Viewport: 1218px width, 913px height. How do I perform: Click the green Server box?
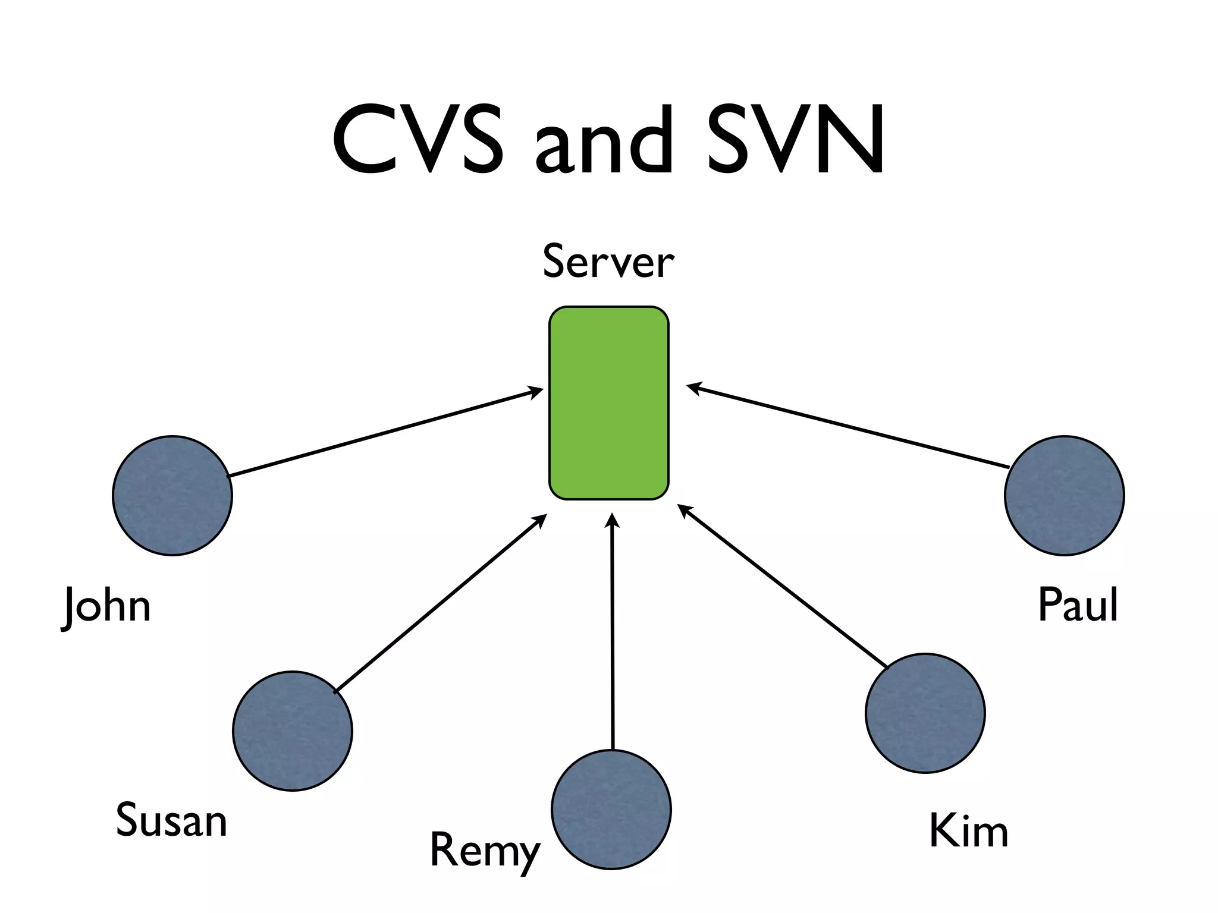608,403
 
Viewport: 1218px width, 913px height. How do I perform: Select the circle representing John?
172,496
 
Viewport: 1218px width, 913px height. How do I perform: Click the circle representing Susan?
293,731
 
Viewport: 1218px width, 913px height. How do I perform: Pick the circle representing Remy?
611,809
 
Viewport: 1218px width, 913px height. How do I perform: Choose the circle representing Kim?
925,713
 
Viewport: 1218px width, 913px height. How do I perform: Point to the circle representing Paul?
1064,496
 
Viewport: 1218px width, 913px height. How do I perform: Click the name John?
107,606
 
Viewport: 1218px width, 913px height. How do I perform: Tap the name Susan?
171,820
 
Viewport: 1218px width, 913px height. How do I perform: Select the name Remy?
485,850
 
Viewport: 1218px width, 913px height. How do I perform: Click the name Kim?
968,830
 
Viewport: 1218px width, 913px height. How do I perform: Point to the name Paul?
1078,605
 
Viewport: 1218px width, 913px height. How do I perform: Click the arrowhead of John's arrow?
536,391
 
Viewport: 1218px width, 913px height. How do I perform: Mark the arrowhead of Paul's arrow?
693,388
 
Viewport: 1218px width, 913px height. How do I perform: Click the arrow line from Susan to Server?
440,604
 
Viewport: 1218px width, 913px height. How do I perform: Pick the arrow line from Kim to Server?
782,585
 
